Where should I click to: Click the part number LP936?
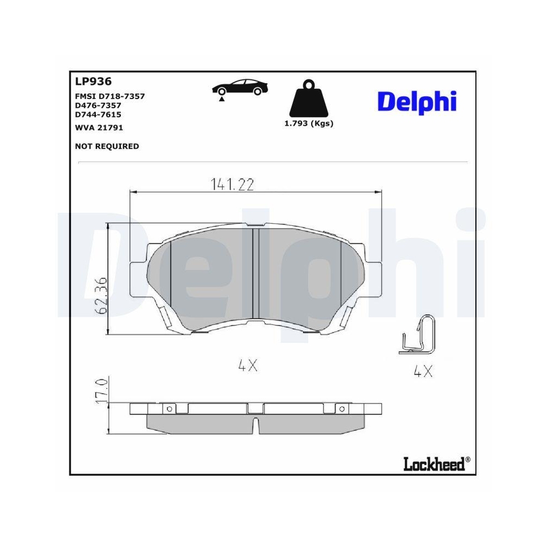click(x=93, y=82)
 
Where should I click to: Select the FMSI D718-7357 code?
click(x=109, y=96)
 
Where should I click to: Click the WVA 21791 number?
click(x=98, y=127)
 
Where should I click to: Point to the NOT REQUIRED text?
click(x=106, y=146)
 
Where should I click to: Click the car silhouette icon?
click(x=239, y=88)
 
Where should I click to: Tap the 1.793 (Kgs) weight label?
click(x=309, y=124)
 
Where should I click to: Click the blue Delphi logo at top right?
click(x=417, y=101)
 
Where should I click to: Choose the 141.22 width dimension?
click(x=232, y=185)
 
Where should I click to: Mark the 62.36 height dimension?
click(x=100, y=295)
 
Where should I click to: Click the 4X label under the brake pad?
click(x=247, y=366)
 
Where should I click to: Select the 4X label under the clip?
click(x=423, y=372)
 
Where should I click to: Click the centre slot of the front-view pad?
click(x=255, y=273)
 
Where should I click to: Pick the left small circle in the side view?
click(x=170, y=409)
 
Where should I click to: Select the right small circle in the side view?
click(x=342, y=409)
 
